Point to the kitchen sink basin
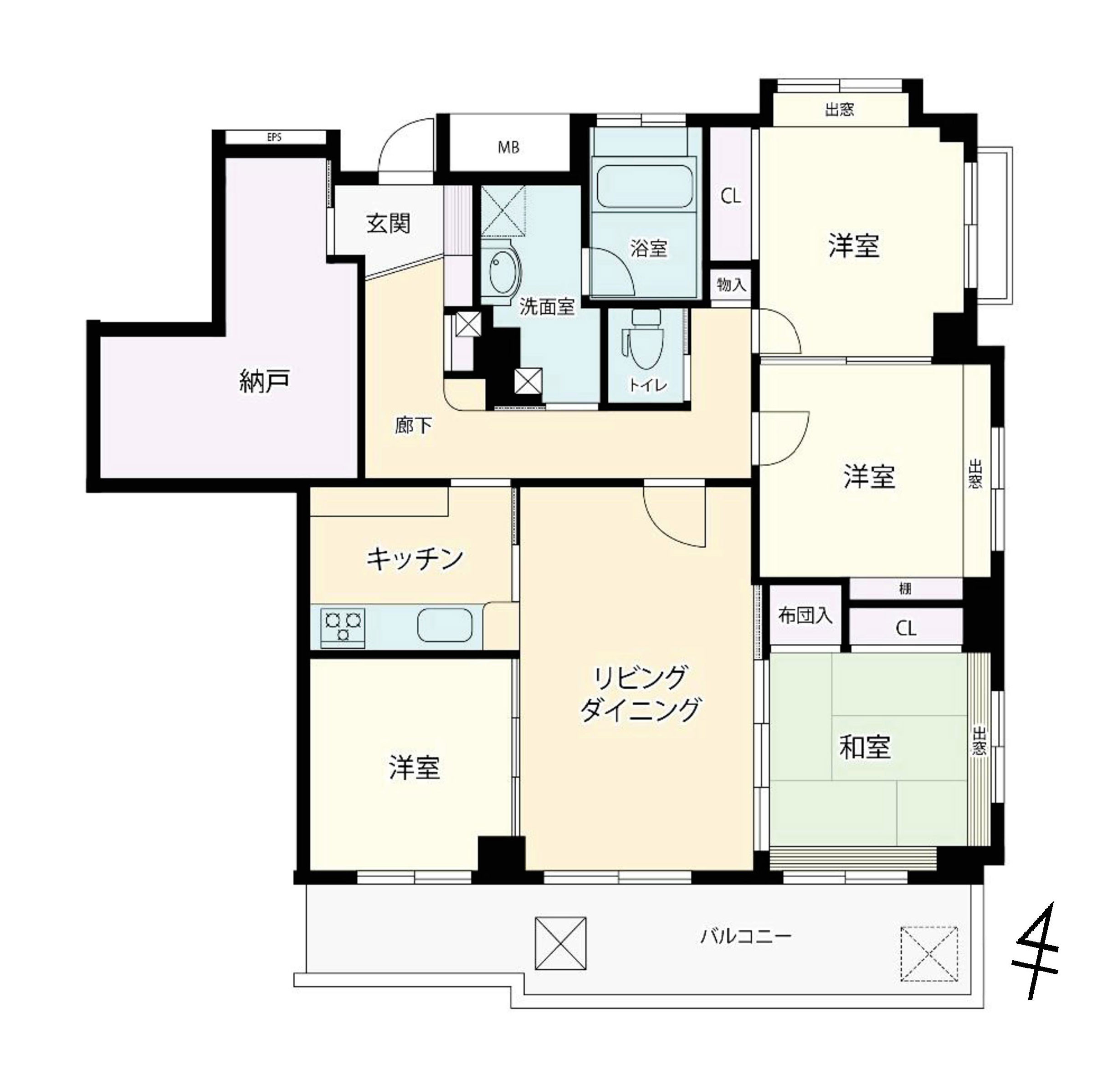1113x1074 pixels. (445, 625)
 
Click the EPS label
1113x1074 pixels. (274, 137)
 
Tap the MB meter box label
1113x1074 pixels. (509, 148)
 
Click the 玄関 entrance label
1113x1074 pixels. (389, 223)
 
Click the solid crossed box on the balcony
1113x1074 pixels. (560, 943)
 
